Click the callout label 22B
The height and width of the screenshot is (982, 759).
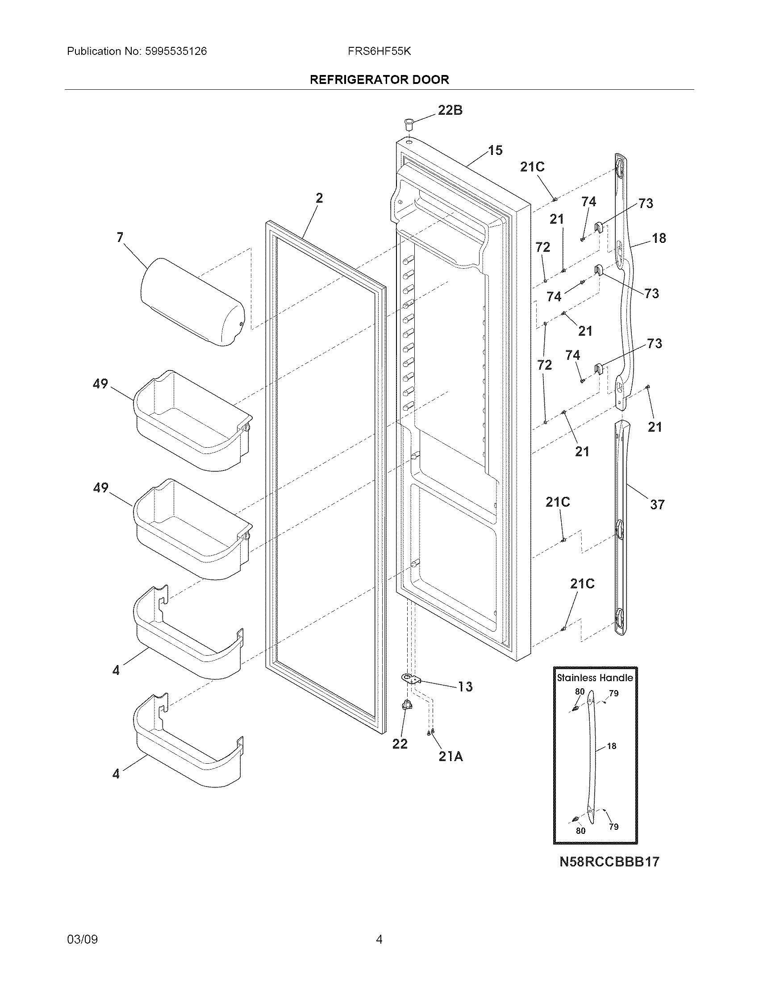450,110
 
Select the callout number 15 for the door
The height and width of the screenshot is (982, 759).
495,150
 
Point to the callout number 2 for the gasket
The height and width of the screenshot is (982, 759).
319,198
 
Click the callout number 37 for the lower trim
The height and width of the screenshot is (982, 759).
657,504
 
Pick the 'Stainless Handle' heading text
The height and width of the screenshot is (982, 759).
595,678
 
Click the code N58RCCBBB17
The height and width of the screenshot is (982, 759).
609,862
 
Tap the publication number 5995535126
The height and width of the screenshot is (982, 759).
176,51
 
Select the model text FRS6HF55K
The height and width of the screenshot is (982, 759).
379,51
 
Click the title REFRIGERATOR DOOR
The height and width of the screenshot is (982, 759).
379,80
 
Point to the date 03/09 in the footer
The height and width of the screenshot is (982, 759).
82,939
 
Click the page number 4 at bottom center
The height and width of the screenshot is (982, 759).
379,939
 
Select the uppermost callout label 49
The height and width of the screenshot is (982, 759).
100,383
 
